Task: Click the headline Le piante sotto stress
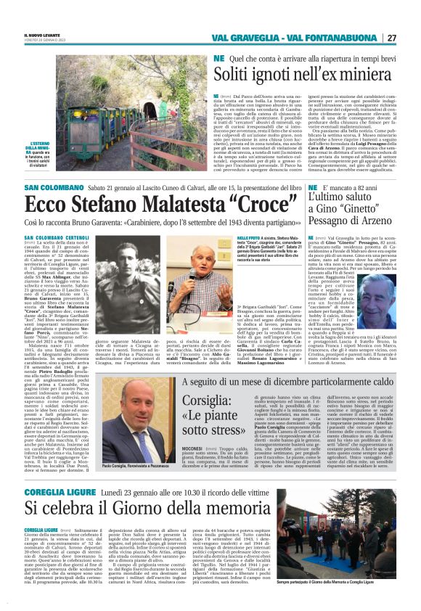click(210, 412)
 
